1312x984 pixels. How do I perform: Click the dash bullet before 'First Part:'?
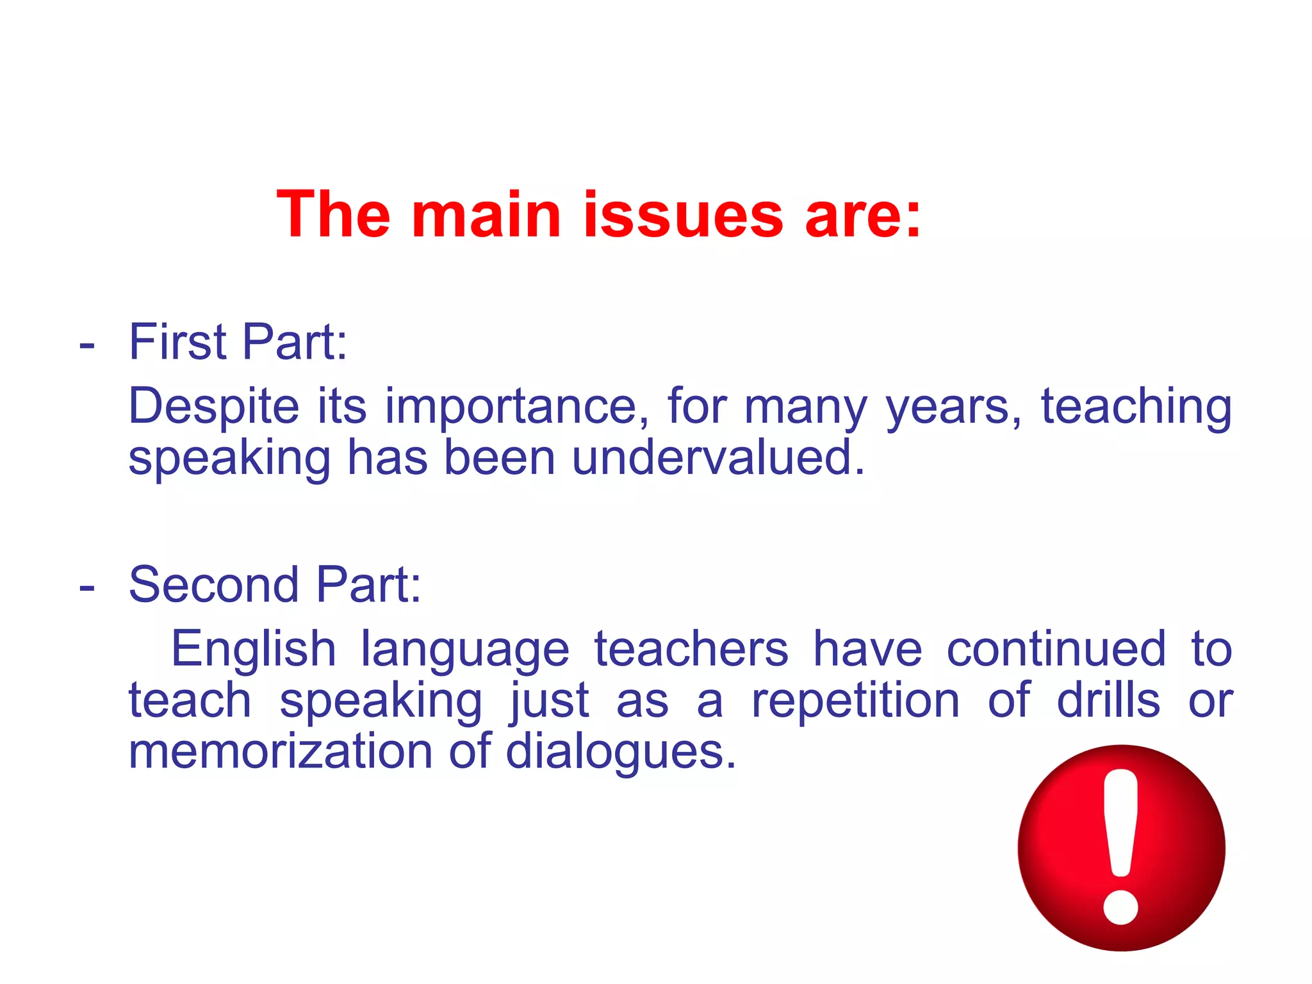point(87,346)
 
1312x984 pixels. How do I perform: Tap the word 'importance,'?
point(516,407)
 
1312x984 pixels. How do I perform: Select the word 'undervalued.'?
point(717,458)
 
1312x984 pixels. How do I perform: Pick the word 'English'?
point(253,650)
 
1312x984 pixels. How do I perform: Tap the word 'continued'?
point(1056,650)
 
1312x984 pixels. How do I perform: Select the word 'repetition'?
point(855,701)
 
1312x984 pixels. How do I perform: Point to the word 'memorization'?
point(281,751)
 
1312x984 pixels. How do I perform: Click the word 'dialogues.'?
point(621,752)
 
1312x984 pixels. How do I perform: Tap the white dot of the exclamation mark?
point(1120,906)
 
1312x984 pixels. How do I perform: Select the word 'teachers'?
point(691,650)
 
